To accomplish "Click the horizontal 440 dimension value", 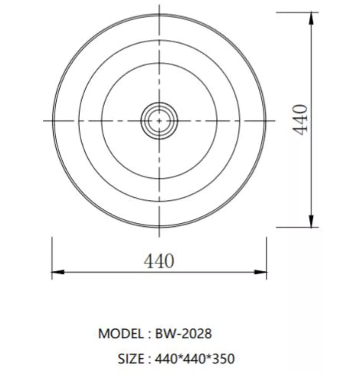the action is point(159,261).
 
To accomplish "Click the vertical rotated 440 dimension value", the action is point(300,120).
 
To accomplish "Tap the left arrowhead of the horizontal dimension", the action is point(58,272).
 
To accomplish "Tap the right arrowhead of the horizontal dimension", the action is point(260,272).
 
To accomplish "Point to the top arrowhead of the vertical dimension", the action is point(311,18).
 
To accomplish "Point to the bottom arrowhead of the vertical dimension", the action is point(311,221).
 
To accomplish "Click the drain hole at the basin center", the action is point(159,121).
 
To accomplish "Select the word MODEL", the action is point(121,334).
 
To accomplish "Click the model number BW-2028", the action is point(183,334).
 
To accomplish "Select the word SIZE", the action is point(131,358).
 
